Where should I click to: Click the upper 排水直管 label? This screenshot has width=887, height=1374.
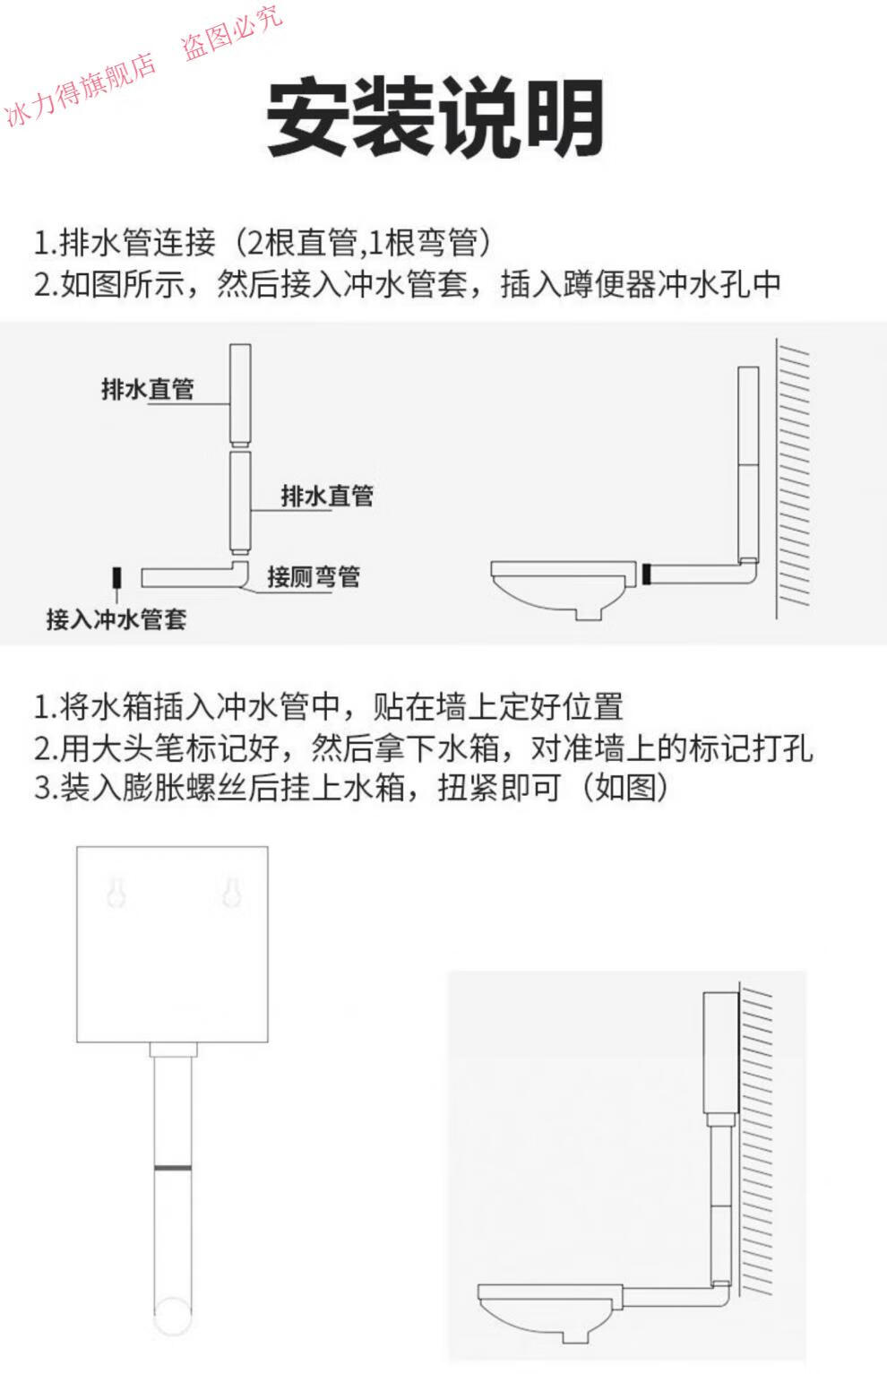pos(147,390)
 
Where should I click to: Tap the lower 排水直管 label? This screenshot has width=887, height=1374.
pos(327,496)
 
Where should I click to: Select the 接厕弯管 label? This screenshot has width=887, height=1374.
pos(313,576)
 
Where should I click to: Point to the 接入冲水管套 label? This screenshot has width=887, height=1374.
pos(116,618)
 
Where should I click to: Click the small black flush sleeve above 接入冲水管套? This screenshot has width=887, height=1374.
pos(116,578)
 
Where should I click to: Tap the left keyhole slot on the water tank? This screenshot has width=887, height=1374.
pos(115,892)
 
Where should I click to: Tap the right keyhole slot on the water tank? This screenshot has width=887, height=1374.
pos(230,892)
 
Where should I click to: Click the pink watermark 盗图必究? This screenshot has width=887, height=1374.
pos(233,33)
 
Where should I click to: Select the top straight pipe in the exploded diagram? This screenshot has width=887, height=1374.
pos(239,394)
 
